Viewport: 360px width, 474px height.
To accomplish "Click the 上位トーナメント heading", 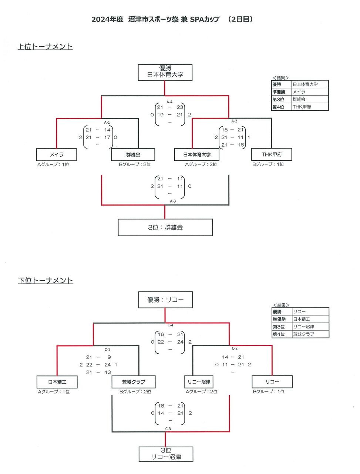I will (45, 47).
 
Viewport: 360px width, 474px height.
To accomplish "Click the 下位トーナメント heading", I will (46, 281).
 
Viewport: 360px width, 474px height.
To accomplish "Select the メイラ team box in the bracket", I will (57, 154).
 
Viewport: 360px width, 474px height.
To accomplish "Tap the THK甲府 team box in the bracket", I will (272, 154).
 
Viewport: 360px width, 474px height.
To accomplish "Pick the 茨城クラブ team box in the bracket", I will (134, 382).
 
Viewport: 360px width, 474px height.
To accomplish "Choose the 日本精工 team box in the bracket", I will (57, 382).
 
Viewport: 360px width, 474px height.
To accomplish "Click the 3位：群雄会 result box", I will (165, 227).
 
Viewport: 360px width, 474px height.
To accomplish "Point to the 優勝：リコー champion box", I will (165, 300).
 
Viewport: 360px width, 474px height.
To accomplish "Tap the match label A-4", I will (169, 102).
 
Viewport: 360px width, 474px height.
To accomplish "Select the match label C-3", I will (168, 429).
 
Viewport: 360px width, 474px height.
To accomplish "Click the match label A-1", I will (107, 122).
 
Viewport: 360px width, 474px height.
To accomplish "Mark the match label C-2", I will (235, 348).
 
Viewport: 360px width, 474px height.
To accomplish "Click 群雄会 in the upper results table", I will (299, 99).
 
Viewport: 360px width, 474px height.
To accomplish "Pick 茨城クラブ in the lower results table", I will (303, 334).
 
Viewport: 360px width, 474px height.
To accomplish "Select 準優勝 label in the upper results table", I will (279, 92).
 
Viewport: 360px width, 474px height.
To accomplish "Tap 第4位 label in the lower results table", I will (279, 334).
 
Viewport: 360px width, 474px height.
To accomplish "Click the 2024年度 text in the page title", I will (107, 19).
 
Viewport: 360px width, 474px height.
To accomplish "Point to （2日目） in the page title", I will (240, 19).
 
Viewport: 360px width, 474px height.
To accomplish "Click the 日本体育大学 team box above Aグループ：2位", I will (197, 154).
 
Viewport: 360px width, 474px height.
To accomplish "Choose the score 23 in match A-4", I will (180, 107).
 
